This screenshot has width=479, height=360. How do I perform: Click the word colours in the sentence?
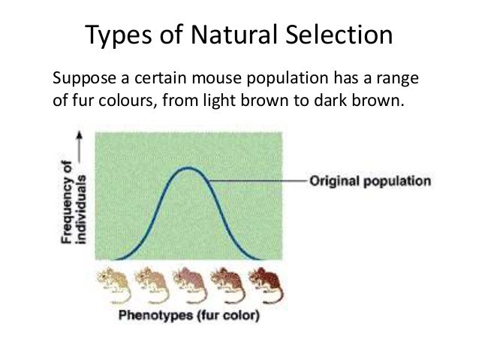123,99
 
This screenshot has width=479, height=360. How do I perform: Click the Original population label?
370,181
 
